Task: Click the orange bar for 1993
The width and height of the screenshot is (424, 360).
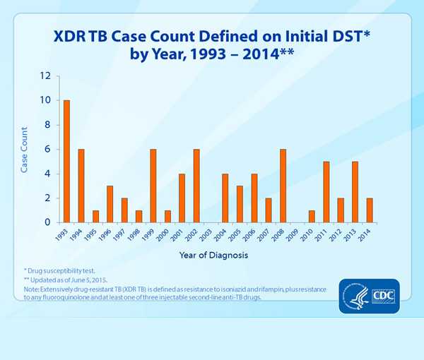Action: pyautogui.click(x=66, y=161)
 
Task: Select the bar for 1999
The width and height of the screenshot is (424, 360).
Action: pyautogui.click(x=153, y=186)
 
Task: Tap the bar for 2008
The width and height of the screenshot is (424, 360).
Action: pyautogui.click(x=283, y=186)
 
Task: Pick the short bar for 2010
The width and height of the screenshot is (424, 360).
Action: pyautogui.click(x=312, y=216)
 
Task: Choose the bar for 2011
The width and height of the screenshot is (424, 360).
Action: pyautogui.click(x=326, y=192)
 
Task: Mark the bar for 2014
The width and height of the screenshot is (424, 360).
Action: pyautogui.click(x=370, y=210)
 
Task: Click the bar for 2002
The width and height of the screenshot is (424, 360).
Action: pyautogui.click(x=196, y=186)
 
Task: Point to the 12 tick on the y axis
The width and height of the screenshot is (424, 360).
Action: pyautogui.click(x=45, y=76)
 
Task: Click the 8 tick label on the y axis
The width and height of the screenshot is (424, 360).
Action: pyautogui.click(x=47, y=124)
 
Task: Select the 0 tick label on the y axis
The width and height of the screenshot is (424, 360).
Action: pyautogui.click(x=47, y=222)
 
